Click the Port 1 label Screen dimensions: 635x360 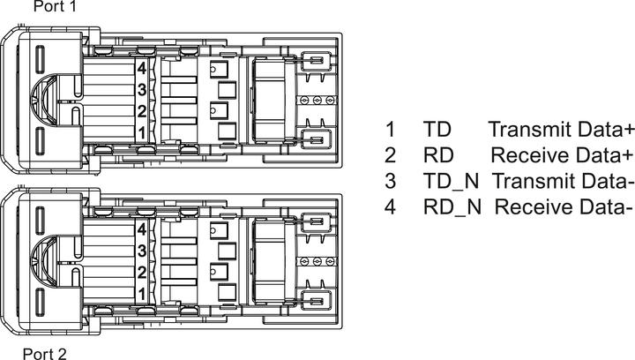click(55, 6)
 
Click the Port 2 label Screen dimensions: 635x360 click(45, 354)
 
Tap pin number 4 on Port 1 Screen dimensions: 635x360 click(142, 68)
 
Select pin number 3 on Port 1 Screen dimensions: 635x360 click(142, 89)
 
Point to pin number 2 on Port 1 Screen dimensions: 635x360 click(142, 110)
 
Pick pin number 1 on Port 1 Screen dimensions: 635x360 click(142, 132)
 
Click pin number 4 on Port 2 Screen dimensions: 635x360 click(142, 229)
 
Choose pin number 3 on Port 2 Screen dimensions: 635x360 click(142, 251)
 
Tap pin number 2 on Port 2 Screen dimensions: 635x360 click(142, 273)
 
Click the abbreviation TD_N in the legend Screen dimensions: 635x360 click(452, 181)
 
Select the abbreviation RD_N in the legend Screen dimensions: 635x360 click(452, 207)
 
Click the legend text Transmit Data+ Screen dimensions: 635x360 click(561, 130)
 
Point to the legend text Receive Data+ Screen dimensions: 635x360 click(562, 155)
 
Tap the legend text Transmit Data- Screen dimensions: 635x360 click(563, 181)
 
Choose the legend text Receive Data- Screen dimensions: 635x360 click(564, 207)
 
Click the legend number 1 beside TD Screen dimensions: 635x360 click(390, 130)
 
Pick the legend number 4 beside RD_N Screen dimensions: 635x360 click(390, 207)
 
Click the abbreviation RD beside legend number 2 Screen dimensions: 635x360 click(438, 155)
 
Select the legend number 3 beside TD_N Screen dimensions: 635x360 click(390, 181)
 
